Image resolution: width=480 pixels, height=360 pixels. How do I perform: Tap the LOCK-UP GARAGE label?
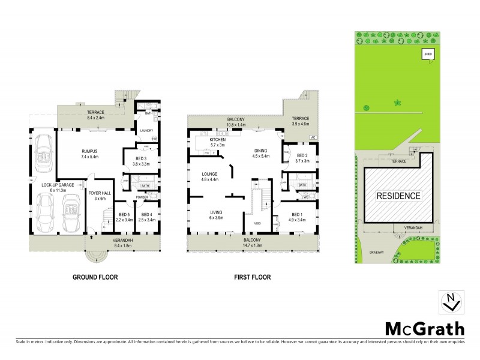pos(58,185)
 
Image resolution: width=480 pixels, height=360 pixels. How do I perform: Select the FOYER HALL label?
pos(97,193)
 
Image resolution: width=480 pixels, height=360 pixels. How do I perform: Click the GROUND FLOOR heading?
pos(95,277)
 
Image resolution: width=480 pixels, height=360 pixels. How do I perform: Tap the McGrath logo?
pos(422,328)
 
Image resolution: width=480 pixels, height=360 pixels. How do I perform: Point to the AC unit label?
pos(313,137)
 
